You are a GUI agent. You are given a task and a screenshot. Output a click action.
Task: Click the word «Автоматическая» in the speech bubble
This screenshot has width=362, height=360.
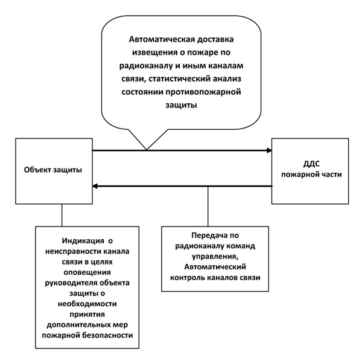pyautogui.click(x=159, y=39)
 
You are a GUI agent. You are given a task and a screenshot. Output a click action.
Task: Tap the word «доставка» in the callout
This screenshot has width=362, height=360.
pyautogui.click(x=212, y=40)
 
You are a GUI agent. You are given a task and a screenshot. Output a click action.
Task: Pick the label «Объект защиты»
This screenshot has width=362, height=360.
pyautogui.click(x=53, y=170)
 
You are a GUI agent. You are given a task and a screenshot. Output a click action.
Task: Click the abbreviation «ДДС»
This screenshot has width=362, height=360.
pyautogui.click(x=311, y=164)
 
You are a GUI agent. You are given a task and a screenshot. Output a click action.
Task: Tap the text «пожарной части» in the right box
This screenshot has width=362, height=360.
pyautogui.click(x=311, y=175)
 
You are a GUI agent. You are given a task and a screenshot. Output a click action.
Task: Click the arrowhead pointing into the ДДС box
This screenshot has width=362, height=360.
pyautogui.click(x=269, y=150)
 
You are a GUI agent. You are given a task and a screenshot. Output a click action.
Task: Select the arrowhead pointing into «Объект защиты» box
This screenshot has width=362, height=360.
pyautogui.click(x=95, y=186)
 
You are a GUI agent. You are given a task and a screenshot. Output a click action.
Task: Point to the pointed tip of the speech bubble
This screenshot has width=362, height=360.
pyautogui.click(x=147, y=150)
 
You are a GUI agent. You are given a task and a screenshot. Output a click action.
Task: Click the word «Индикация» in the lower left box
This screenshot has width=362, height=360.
pyautogui.click(x=83, y=241)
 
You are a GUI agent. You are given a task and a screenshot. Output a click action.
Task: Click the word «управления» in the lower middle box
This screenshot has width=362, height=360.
pyautogui.click(x=215, y=257)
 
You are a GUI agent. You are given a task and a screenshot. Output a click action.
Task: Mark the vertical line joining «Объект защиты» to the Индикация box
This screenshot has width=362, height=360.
pyautogui.click(x=62, y=215)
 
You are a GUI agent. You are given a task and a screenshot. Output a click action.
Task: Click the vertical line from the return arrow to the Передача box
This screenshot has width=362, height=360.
pyautogui.click(x=208, y=207)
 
